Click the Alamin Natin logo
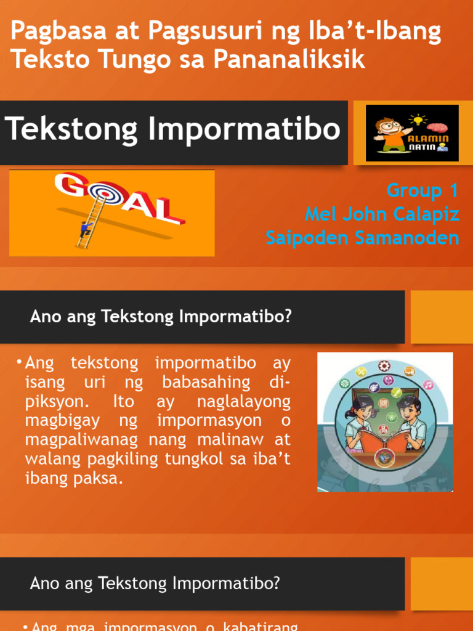click(412, 133)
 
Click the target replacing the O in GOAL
click(101, 196)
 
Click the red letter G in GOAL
click(71, 186)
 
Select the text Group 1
click(422, 191)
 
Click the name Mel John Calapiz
click(382, 214)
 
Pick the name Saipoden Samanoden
click(363, 238)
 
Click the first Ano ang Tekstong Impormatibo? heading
click(160, 317)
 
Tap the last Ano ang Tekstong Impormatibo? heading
click(155, 582)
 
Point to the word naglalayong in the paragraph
click(244, 402)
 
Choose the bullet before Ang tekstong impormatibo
click(20, 360)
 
